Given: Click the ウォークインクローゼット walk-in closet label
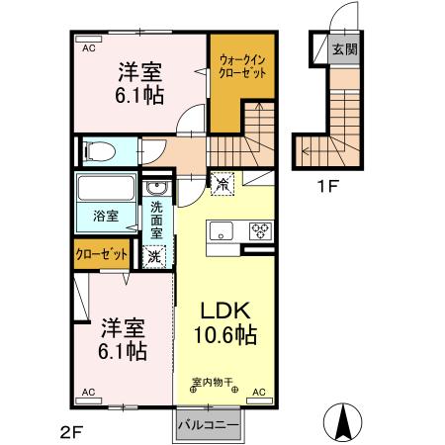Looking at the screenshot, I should pos(240,67).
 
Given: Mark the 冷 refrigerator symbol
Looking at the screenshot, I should pos(222,182).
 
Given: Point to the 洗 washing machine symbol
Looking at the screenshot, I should pos(155,255).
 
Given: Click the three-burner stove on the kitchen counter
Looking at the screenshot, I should pos(259,231).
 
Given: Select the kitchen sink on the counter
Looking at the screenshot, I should pos(221,231).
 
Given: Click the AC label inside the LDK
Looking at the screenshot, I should pos(259,394).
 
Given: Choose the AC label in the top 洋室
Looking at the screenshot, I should pos(88,47).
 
